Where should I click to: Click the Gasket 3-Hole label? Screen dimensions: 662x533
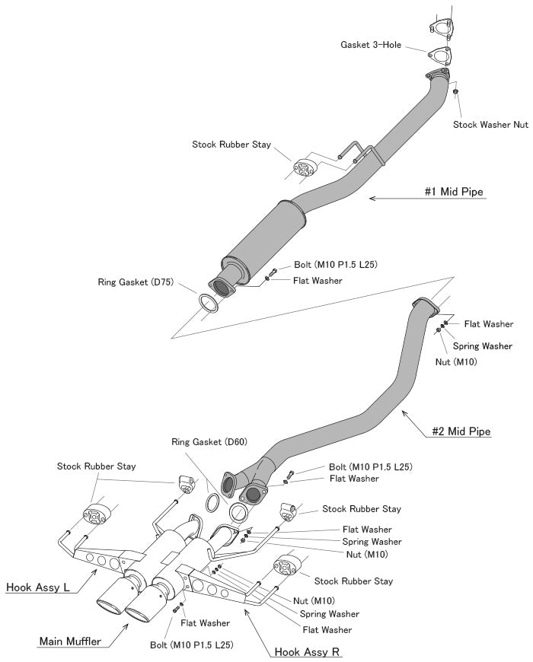[x=371, y=45]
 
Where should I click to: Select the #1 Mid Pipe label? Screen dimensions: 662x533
[x=454, y=193]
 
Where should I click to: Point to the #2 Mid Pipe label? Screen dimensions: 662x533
[x=461, y=431]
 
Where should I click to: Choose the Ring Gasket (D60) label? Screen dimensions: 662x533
[x=209, y=441]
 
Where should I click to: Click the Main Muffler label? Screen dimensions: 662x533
[x=70, y=641]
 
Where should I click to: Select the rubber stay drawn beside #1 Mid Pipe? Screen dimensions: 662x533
[x=304, y=168]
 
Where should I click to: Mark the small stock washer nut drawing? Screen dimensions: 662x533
[x=455, y=92]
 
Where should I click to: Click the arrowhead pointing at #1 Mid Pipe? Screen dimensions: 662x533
[x=372, y=198]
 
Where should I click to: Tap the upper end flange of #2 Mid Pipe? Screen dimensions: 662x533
[x=427, y=303]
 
